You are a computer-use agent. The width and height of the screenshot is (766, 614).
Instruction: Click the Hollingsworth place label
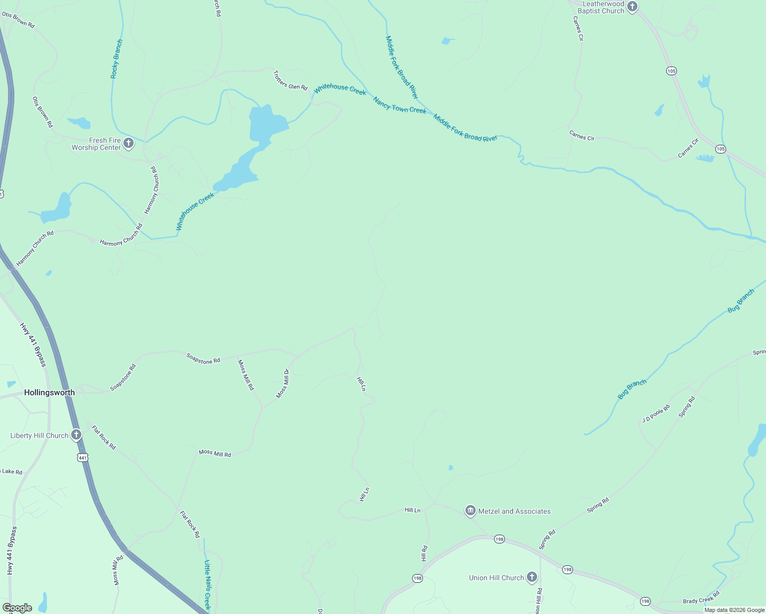pos(50,392)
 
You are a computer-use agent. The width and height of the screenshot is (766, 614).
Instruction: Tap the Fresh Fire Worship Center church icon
pos(129,143)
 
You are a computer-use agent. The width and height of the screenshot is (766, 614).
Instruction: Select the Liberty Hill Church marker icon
pos(76,435)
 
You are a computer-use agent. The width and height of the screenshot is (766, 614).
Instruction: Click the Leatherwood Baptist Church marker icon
pos(632,7)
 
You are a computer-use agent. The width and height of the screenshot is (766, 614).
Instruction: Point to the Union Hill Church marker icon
pos(532,577)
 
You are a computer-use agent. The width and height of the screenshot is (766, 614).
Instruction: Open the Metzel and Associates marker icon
pos(470,511)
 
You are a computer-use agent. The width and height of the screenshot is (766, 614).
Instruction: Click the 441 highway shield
pos(83,457)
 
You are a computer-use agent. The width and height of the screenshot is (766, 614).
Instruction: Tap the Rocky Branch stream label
pos(117,59)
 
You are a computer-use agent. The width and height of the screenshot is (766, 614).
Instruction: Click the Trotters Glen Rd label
pos(290,80)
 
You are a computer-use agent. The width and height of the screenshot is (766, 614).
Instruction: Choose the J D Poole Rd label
pos(656,413)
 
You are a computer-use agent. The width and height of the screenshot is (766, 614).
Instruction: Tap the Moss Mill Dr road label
pos(283,383)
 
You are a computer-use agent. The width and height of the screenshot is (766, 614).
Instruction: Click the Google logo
pos(17,608)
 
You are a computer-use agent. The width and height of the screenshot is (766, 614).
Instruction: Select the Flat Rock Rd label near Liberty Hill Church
pos(103,437)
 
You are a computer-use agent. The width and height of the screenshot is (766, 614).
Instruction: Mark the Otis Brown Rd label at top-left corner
pos(18,20)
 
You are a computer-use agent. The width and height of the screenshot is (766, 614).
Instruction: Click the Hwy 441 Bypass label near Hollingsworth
pos(33,344)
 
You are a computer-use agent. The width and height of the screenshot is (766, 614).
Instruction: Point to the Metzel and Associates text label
pos(514,511)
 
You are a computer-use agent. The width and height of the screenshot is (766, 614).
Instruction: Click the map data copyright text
pos(734,610)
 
